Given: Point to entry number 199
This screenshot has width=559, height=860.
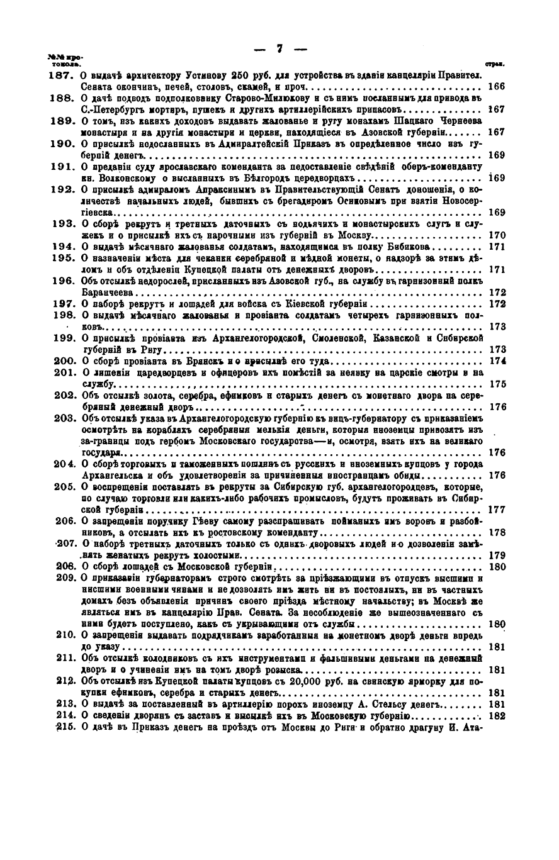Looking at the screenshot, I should point(63,338).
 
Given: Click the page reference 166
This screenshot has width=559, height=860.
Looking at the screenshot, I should point(497,87).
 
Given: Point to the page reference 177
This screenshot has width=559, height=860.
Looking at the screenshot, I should point(497,510).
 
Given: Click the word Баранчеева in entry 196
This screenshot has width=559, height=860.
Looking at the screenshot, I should point(108,293).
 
